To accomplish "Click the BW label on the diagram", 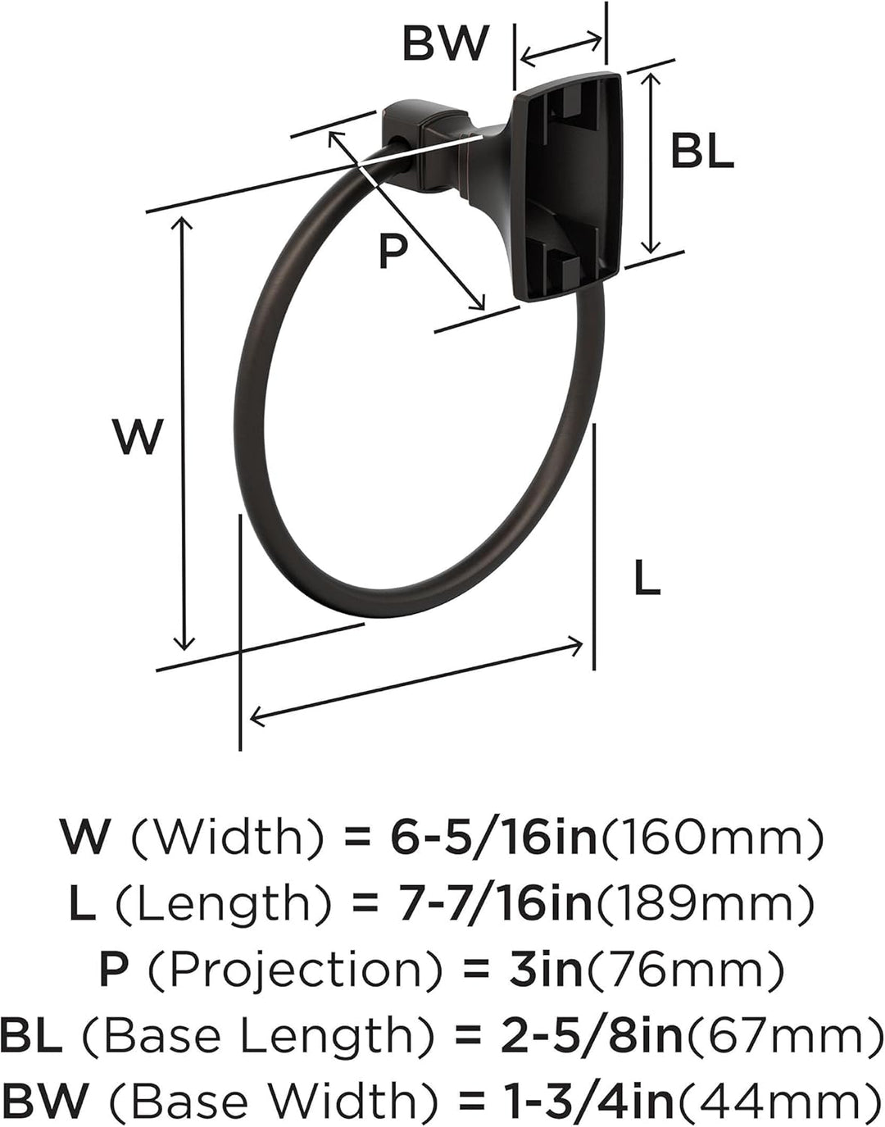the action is point(445,43).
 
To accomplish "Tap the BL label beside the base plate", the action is point(702,150).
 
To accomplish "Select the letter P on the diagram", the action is point(392,251).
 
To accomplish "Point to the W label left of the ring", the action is point(138,437).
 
